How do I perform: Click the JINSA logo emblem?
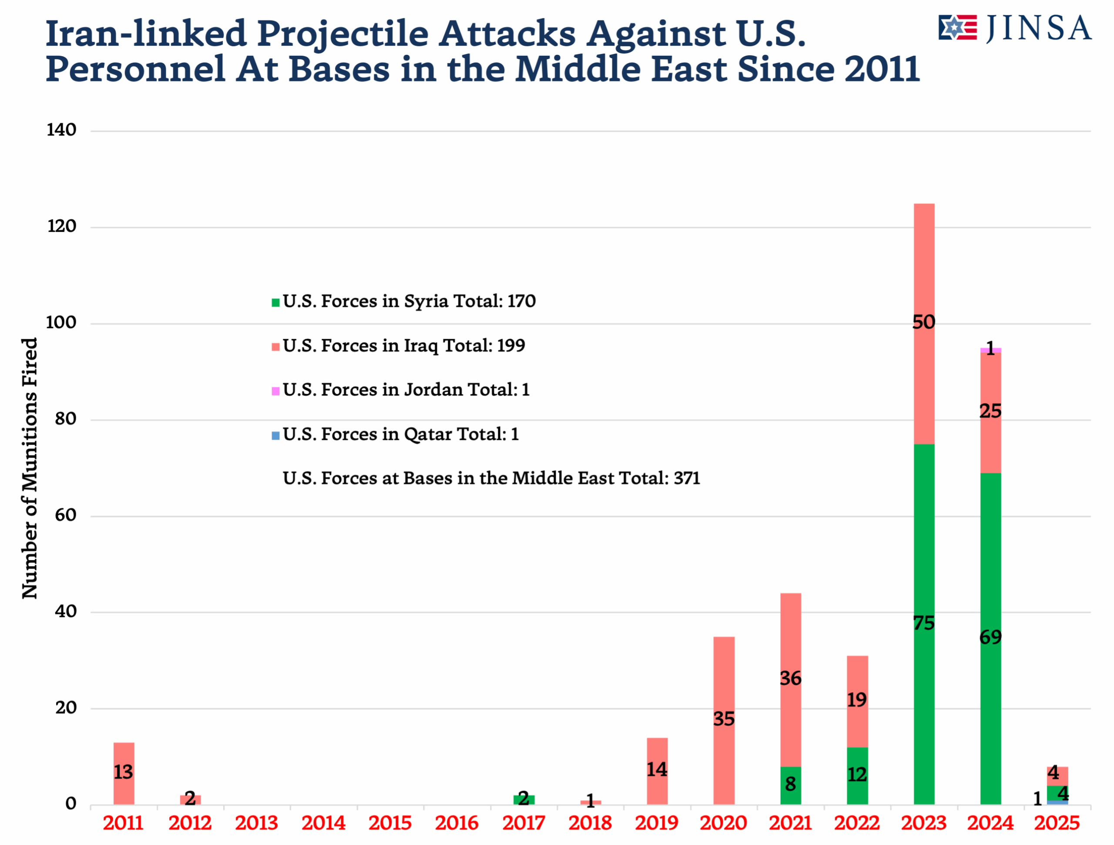[x=957, y=28]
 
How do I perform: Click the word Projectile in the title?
[x=342, y=34]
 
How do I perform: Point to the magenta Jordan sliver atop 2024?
[x=990, y=350]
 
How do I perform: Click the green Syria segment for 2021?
[x=790, y=785]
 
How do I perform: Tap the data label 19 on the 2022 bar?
[x=857, y=700]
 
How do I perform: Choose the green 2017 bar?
[x=524, y=800]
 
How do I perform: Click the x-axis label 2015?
[x=390, y=824]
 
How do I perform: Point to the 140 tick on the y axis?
[x=61, y=131]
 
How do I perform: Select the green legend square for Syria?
[x=275, y=303]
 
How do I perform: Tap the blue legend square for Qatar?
[x=275, y=436]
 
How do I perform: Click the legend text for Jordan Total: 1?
[x=406, y=390]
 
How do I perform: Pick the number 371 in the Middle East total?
[x=686, y=478]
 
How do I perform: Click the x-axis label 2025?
[x=1057, y=824]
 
